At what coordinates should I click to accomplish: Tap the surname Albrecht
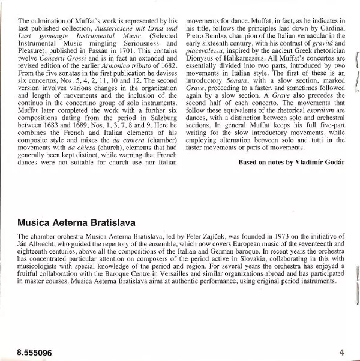click(x=47, y=245)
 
